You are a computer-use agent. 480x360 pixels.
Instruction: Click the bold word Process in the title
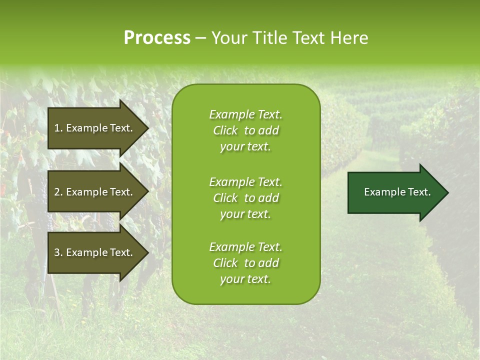coord(157,38)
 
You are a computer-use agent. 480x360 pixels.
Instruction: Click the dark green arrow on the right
coord(395,192)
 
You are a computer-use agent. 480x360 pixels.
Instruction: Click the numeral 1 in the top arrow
coord(57,128)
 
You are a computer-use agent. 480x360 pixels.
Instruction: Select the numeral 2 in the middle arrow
coord(57,192)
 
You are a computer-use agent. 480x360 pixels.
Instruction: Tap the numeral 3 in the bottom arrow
coord(57,252)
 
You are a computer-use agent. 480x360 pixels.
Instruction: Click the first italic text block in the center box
coord(245,130)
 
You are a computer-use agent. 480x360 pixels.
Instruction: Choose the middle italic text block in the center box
coord(245,198)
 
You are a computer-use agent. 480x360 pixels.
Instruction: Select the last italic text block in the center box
coord(245,263)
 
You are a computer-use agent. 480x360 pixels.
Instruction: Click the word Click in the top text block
coord(225,130)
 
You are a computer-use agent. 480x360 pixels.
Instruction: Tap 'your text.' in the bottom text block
coord(245,279)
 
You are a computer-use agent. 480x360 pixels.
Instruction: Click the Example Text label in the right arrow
coord(397,192)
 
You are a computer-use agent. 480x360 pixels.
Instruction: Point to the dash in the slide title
coord(201,38)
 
